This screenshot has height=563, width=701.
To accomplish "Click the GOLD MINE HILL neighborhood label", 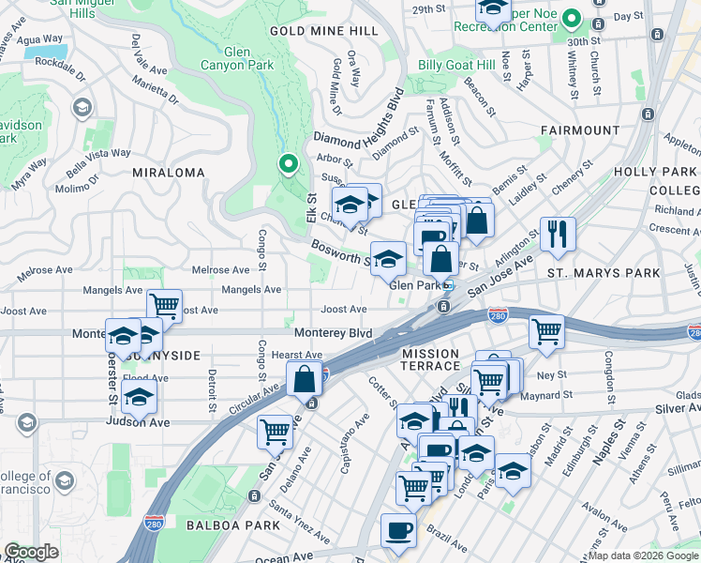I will [x=324, y=31].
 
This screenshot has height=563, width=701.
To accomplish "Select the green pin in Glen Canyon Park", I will [x=289, y=165].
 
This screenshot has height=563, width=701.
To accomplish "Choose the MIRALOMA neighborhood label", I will [x=168, y=174].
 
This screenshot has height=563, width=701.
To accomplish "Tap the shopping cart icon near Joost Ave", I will [x=164, y=305].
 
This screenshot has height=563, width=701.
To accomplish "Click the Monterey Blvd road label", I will [x=333, y=334].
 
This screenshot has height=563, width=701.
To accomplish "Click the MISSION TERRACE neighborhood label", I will [x=431, y=359].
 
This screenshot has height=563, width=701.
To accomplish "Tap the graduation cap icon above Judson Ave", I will [x=139, y=397].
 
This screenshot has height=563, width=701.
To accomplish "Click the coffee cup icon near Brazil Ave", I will [x=398, y=530].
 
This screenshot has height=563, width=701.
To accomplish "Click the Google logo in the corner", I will [x=31, y=553].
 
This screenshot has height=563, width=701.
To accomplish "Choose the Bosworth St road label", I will [x=340, y=251].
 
